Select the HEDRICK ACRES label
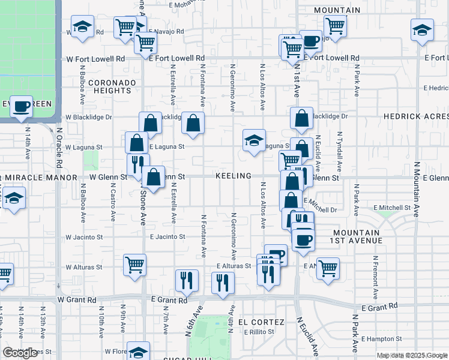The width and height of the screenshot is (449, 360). pyautogui.click(x=415, y=116)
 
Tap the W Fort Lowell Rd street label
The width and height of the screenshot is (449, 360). pyautogui.click(x=95, y=59)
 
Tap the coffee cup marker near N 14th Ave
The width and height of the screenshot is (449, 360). pyautogui.click(x=22, y=107)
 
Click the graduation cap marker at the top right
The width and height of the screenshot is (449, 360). pyautogui.click(x=422, y=29)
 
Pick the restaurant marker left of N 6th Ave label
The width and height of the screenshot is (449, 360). pyautogui.click(x=187, y=280)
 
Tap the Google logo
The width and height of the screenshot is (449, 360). pyautogui.click(x=20, y=353)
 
